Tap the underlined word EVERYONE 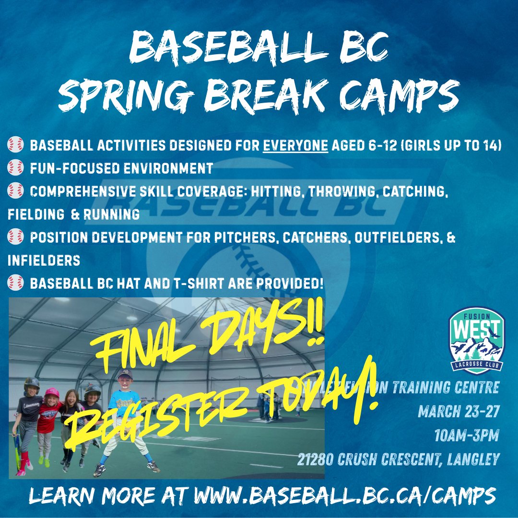pyautogui.click(x=295, y=145)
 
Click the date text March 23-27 pyautogui.click(x=459, y=412)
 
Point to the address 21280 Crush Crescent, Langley pyautogui.click(x=398, y=459)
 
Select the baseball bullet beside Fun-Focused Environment pyautogui.click(x=15, y=168)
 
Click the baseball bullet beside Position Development pyautogui.click(x=15, y=238)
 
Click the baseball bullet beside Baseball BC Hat pyautogui.click(x=15, y=284)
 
